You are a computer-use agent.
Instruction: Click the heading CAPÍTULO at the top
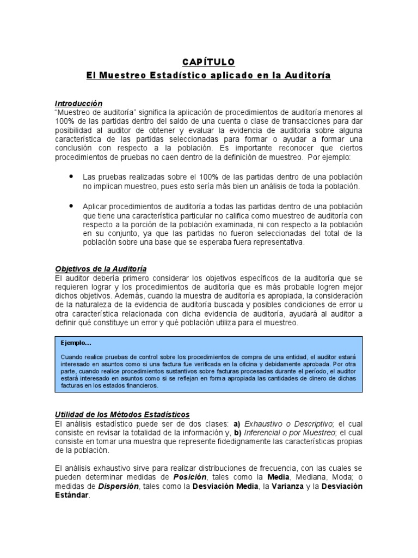point(208,62)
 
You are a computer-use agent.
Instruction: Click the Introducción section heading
point(78,103)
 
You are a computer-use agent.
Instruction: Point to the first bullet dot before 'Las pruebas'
point(71,177)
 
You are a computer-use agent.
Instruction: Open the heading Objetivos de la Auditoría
point(101,270)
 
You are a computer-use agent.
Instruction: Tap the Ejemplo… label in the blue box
point(77,343)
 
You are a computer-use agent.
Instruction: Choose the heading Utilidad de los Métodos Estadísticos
point(122,415)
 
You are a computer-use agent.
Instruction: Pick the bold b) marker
point(237,432)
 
